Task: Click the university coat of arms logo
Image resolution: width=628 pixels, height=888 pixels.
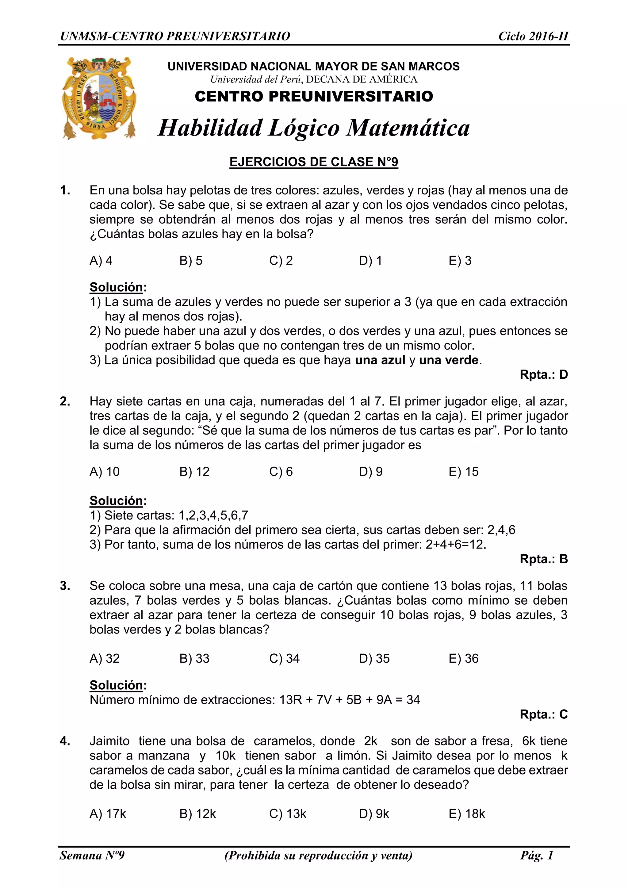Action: tap(99, 98)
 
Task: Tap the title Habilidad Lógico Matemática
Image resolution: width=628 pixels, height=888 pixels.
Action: tap(314, 128)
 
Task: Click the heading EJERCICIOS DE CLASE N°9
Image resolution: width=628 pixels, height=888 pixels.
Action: tap(314, 162)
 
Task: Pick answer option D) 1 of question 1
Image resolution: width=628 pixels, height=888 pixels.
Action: tap(370, 261)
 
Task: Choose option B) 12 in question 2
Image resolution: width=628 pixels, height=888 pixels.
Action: tap(194, 472)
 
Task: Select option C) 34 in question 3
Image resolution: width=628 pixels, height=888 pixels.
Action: tap(284, 658)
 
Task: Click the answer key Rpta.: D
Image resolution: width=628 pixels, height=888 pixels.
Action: tap(543, 374)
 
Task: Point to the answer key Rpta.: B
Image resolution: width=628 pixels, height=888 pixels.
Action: tap(543, 559)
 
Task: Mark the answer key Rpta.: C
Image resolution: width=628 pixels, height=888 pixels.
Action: tap(543, 714)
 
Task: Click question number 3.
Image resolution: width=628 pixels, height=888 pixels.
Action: tap(65, 586)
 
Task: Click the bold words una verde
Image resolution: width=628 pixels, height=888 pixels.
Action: tap(449, 360)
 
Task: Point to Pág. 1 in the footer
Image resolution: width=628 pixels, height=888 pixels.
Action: tap(537, 855)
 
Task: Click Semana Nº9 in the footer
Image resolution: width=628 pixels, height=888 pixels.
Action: tap(92, 855)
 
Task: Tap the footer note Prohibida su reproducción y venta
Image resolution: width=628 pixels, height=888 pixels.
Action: tap(318, 855)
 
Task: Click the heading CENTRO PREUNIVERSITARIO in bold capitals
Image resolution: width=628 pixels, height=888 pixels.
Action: tap(314, 96)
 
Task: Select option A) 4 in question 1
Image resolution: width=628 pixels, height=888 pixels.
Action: tap(101, 261)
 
